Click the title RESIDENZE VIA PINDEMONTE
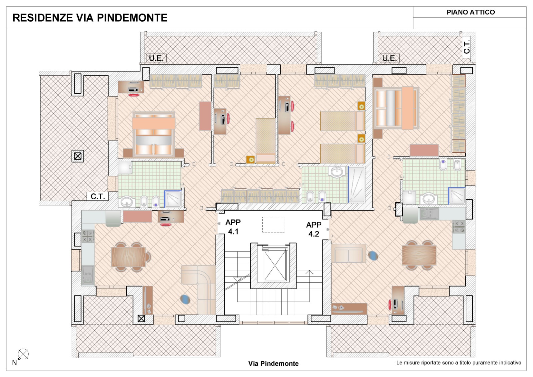click(x=90, y=18)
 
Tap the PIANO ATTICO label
click(x=470, y=12)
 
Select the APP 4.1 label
click(x=233, y=227)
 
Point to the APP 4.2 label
click(x=313, y=229)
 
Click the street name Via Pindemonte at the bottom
click(x=273, y=363)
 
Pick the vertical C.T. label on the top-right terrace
click(x=467, y=47)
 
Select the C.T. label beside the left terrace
click(x=98, y=197)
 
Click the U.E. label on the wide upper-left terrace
click(x=156, y=58)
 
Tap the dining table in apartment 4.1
click(x=129, y=257)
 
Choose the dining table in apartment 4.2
click(x=419, y=255)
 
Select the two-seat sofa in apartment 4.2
click(x=348, y=253)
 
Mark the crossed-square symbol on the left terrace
click(x=78, y=156)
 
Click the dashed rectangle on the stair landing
click(x=273, y=224)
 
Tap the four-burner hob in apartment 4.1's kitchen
click(x=88, y=236)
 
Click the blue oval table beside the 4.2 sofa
click(x=373, y=256)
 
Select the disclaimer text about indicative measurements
click(x=458, y=363)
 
